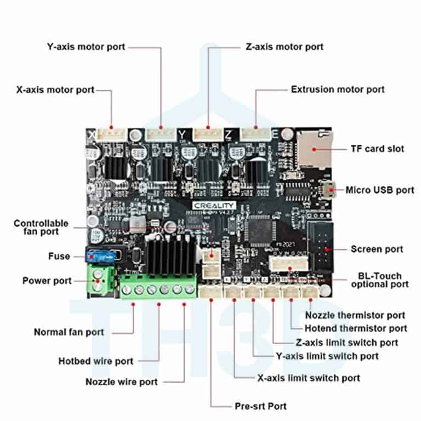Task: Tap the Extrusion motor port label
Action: [x=338, y=89]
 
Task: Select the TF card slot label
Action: [x=377, y=148]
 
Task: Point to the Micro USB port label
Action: [x=380, y=190]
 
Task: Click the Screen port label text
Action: [x=377, y=249]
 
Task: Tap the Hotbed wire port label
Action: [x=95, y=361]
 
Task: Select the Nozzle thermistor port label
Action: [x=355, y=315]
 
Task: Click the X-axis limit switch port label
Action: [x=309, y=378]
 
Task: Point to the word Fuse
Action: [x=59, y=256]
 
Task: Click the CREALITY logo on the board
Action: [x=210, y=204]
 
